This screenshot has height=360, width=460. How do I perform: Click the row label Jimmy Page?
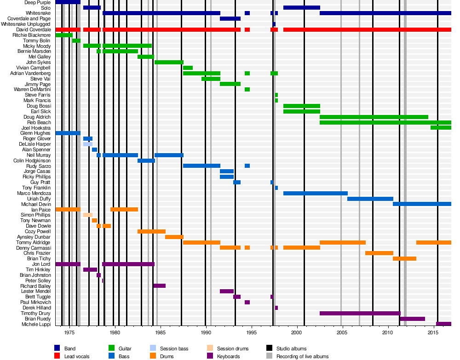pos(39,84)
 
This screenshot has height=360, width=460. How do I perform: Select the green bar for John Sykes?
pos(169,62)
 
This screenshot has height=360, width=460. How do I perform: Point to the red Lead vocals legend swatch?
pos(57,356)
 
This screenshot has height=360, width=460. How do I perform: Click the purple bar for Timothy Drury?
pos(360,313)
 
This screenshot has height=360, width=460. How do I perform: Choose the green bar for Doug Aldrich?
pos(374,117)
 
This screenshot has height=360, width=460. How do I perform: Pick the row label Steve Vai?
pos(40,79)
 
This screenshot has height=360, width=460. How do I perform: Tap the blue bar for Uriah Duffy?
pos(370,199)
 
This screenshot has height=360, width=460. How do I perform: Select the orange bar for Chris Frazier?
pos(379,253)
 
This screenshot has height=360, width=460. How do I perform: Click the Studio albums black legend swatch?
pos(270,349)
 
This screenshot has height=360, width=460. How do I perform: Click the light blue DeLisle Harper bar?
pos(88,144)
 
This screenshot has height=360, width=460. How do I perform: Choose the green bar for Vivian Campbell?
pos(188,68)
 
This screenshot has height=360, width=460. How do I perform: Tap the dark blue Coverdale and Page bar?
pos(230,18)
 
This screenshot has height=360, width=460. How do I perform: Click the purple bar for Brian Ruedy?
pos(412,319)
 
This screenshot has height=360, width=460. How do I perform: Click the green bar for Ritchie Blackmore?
pos(64,35)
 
